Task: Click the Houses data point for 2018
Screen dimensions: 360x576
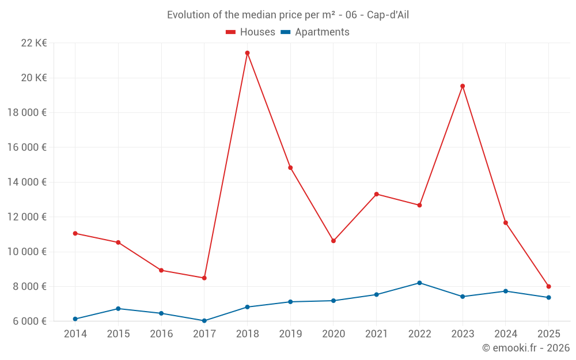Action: coord(247,53)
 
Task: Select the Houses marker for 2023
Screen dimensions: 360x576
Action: coord(463,86)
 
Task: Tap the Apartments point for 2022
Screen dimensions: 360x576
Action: coord(419,283)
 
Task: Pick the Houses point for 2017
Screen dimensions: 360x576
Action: coord(204,278)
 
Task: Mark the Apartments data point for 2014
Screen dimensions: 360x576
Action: coord(75,319)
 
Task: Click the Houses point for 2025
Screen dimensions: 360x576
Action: coord(548,286)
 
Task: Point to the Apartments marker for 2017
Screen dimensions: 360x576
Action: coord(204,321)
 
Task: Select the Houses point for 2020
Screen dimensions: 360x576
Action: coord(334,241)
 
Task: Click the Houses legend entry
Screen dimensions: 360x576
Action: coord(251,32)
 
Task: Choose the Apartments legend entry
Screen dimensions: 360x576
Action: coord(315,32)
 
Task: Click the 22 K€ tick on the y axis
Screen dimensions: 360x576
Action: coord(34,43)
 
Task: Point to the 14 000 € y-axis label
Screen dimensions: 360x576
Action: coord(27,182)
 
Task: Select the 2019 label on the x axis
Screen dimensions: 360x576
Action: coord(290,334)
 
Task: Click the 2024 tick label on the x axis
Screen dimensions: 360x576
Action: coord(506,334)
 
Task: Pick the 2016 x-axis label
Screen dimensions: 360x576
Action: coord(161,334)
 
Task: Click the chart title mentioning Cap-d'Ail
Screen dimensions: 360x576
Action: coord(287,15)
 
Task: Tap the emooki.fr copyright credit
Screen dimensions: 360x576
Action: coord(525,348)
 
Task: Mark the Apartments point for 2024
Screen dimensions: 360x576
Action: coord(506,291)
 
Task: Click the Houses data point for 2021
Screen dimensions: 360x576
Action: coord(376,194)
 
